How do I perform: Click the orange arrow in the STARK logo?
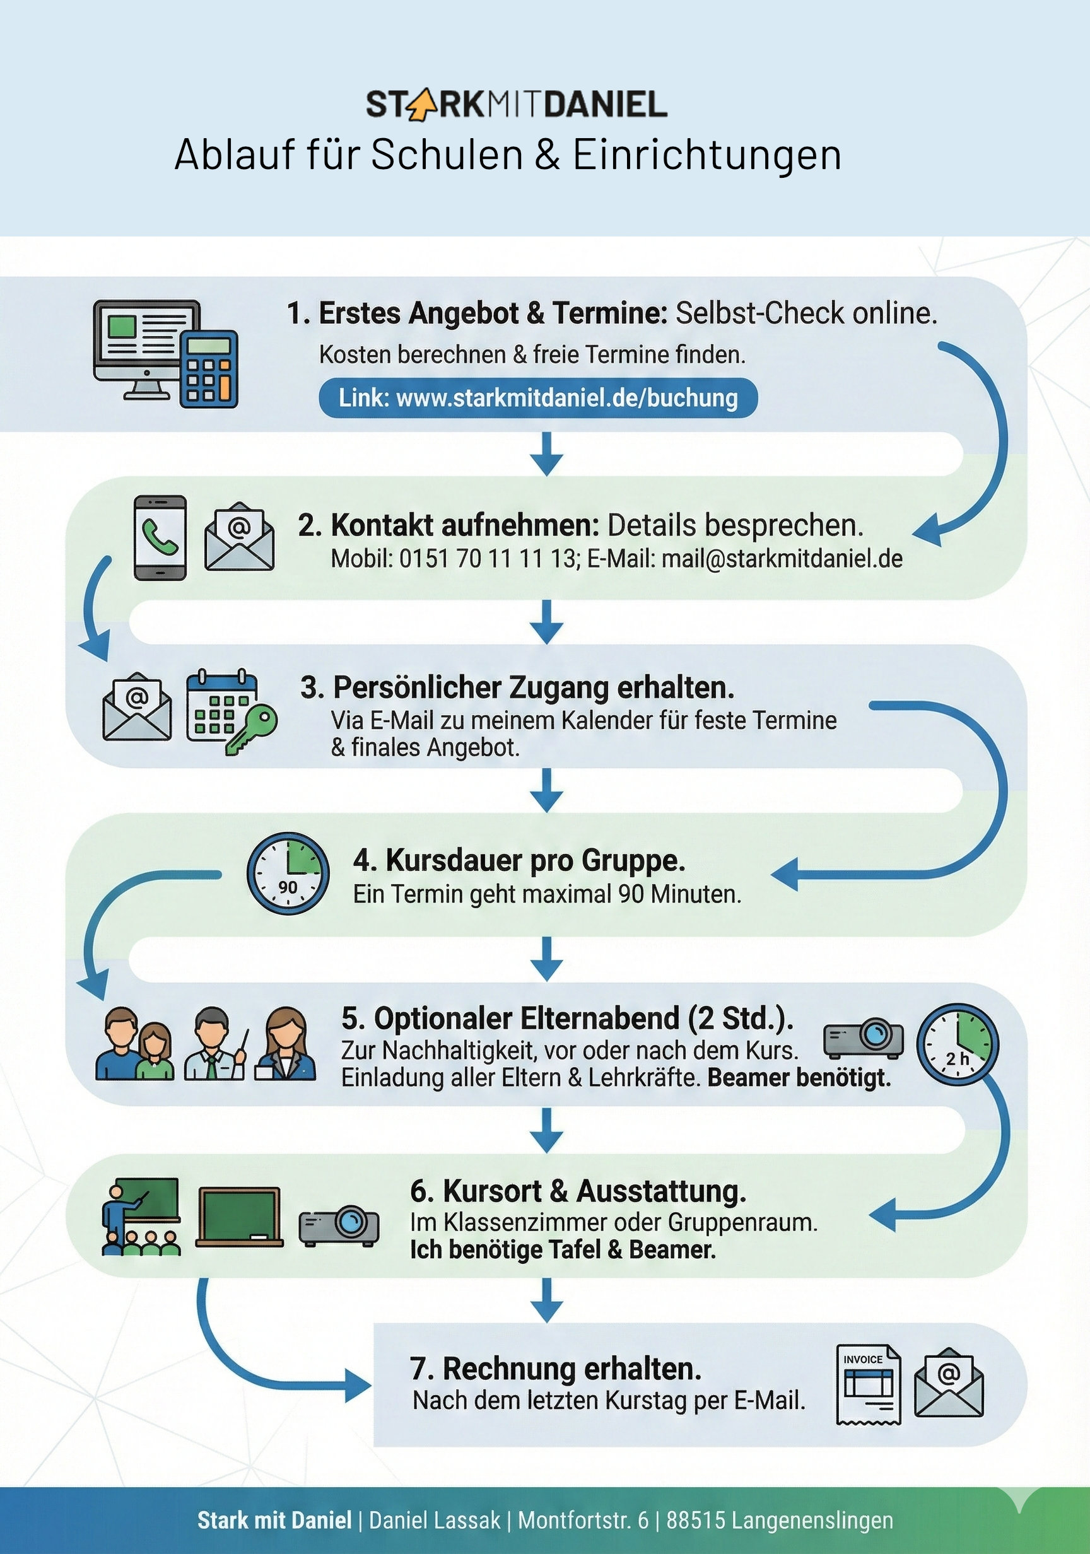click(419, 105)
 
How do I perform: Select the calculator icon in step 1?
click(209, 369)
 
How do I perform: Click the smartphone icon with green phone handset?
click(160, 538)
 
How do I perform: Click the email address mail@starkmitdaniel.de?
click(782, 559)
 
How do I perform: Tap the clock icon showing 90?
click(288, 873)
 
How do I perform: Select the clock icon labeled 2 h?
click(958, 1044)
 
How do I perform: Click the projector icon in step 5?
click(863, 1037)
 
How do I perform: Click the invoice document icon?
click(869, 1384)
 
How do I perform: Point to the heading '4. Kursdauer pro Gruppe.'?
click(519, 861)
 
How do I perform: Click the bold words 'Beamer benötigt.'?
click(799, 1077)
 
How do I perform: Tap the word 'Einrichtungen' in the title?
click(707, 155)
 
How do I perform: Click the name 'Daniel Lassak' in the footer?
click(435, 1520)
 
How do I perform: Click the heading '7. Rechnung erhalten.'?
click(555, 1369)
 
